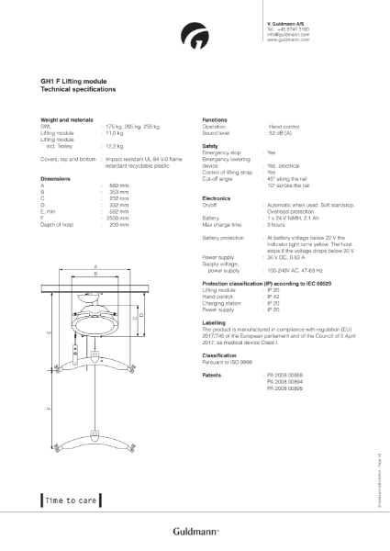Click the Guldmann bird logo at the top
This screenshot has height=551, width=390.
click(195, 38)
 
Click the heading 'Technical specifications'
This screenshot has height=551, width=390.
click(78, 90)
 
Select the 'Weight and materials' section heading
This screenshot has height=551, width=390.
click(68, 119)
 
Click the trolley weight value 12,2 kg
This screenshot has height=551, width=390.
click(115, 145)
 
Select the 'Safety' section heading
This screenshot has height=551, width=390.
click(210, 145)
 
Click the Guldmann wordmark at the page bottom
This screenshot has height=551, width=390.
click(195, 531)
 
